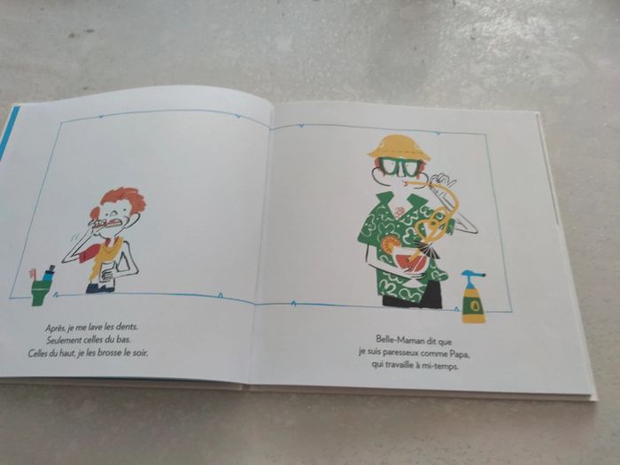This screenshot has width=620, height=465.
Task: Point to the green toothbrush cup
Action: click(x=40, y=291)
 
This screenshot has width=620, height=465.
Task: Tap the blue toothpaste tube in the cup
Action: click(x=50, y=273)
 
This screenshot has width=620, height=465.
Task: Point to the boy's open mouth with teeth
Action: click(x=113, y=223)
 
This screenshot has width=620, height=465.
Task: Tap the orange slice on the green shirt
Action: click(x=390, y=244)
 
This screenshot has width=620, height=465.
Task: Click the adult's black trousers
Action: click(x=412, y=295)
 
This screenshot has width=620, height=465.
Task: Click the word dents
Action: click(x=127, y=327)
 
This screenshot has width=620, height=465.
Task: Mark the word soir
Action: click(x=140, y=353)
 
